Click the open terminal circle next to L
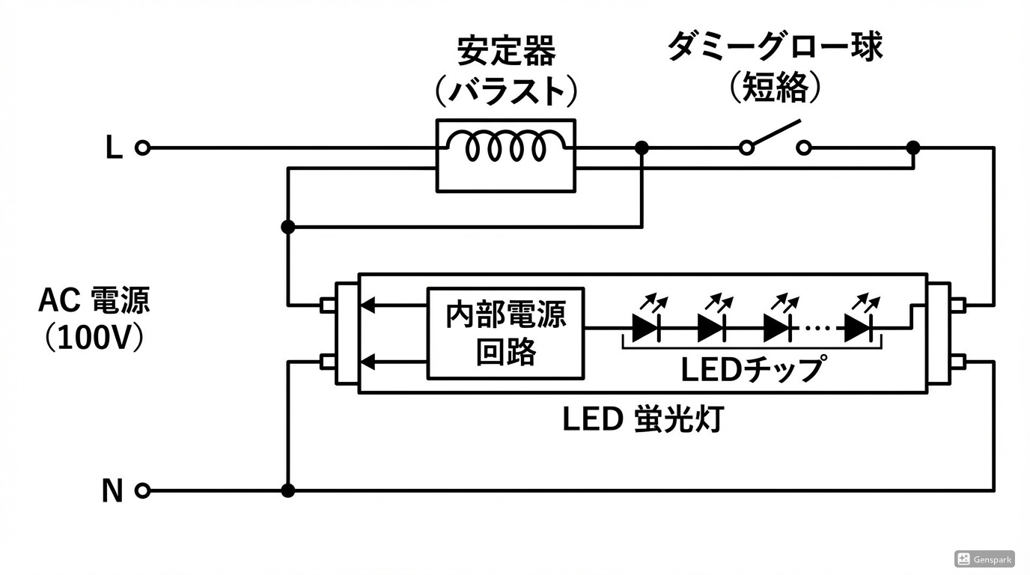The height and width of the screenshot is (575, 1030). (142, 148)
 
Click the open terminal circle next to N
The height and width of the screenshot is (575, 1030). (142, 491)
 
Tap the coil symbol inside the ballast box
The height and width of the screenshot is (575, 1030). (506, 147)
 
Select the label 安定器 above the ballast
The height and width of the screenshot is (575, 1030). (507, 52)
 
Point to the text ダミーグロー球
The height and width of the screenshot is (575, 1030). (775, 46)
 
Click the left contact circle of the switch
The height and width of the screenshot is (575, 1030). (746, 148)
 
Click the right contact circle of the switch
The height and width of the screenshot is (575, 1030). (803, 148)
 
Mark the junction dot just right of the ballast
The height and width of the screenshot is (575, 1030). (642, 148)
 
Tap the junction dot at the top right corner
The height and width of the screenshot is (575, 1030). (912, 147)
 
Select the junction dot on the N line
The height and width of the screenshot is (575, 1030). (287, 490)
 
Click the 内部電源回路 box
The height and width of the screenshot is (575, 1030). (505, 333)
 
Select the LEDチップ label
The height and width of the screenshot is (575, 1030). (753, 368)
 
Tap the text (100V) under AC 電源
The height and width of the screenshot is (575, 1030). (94, 338)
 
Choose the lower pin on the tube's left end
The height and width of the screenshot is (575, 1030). (326, 362)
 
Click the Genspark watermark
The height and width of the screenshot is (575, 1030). (984, 559)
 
